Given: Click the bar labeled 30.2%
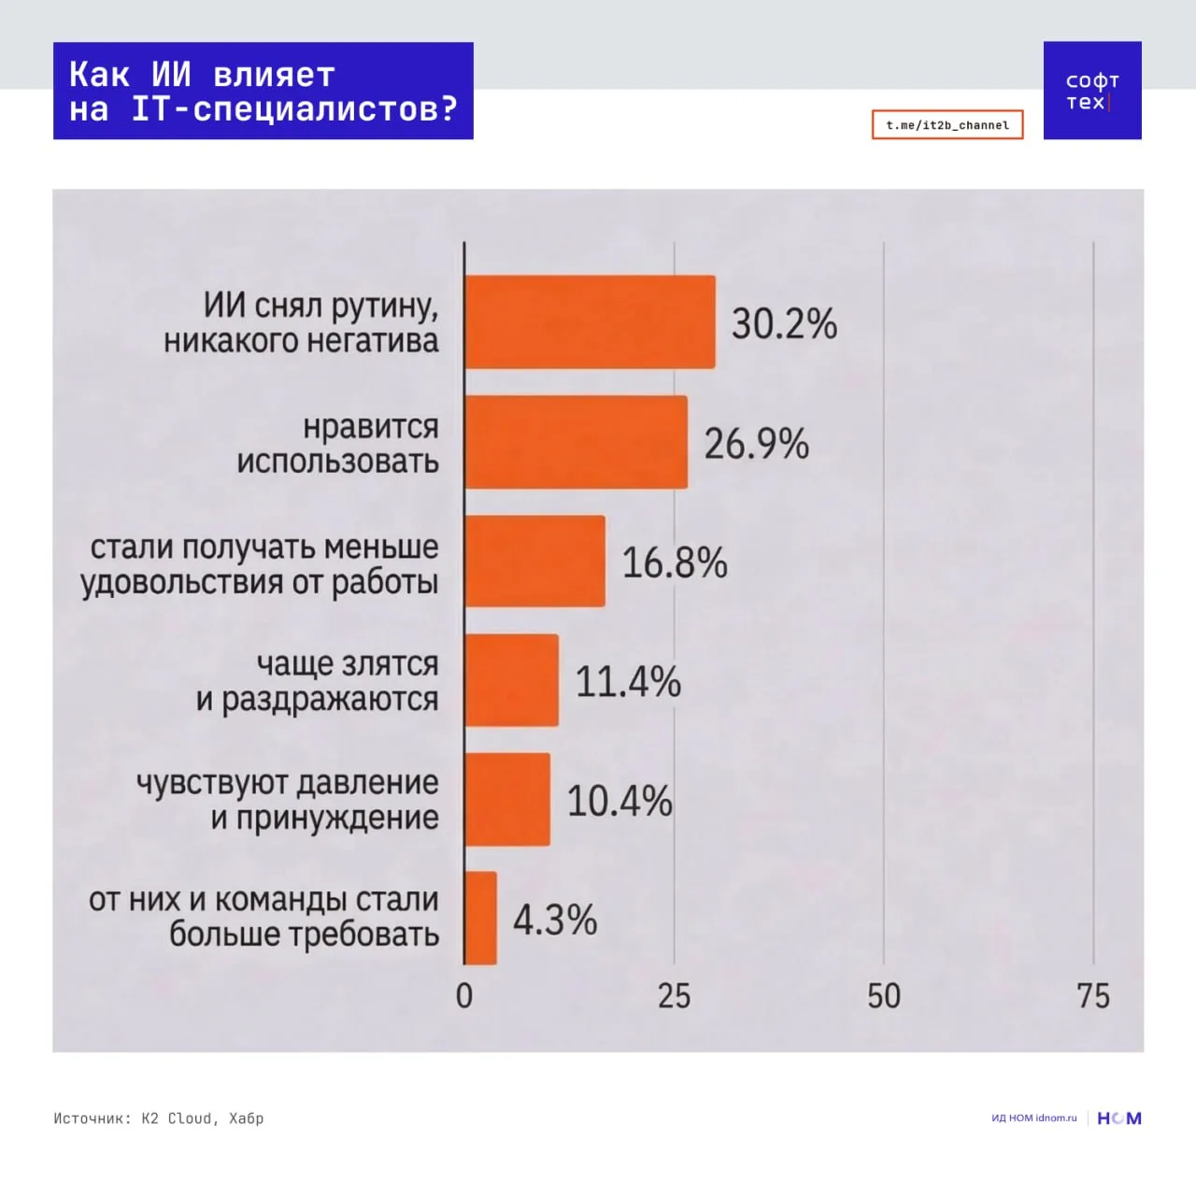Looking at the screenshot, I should [590, 321].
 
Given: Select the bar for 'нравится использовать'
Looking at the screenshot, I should [576, 442].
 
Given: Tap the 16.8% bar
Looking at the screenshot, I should [534, 561].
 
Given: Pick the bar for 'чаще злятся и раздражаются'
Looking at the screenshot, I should [511, 680].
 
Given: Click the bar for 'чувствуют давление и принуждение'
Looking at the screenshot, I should [507, 800].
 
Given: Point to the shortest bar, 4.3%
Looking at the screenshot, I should [480, 918].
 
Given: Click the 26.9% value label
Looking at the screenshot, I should [756, 444].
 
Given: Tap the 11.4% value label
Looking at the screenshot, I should [628, 682].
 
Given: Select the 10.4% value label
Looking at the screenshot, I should [619, 802].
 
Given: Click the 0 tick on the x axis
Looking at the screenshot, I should [464, 996].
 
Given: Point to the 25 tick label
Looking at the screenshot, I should [674, 996].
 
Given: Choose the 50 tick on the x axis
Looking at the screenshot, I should [884, 996].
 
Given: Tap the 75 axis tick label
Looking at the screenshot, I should [1093, 996].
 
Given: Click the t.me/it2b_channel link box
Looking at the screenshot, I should [947, 124].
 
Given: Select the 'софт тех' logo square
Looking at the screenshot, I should [1092, 91].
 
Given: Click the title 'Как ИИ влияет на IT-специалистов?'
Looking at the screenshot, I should [263, 91].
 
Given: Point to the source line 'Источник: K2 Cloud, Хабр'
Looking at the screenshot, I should [159, 1118].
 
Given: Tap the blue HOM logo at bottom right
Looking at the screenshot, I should [1119, 1118].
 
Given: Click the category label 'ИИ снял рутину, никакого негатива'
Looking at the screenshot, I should [302, 322].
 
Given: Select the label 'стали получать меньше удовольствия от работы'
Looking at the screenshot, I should [260, 563].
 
